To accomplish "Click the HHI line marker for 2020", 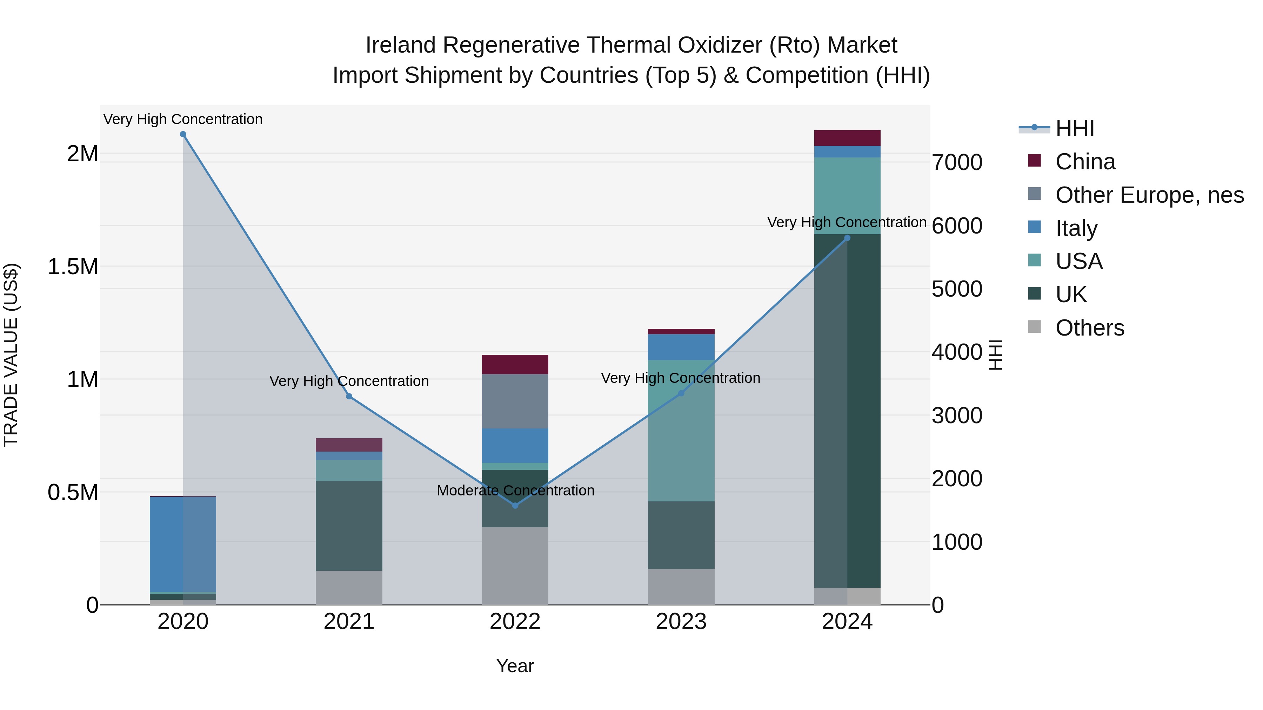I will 183,134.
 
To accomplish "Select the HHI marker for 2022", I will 515,505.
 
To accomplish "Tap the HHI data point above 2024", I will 847,238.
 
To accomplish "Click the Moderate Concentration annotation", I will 515,491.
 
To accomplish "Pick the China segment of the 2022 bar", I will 515,365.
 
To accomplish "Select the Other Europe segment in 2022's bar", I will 515,401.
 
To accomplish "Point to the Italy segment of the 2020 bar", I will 183,544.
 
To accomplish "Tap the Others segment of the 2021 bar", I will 349,588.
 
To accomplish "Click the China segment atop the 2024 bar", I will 847,138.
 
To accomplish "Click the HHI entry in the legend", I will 1074,128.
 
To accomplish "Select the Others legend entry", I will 1089,328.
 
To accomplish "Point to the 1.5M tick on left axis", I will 73,267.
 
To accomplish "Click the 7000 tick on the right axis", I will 957,163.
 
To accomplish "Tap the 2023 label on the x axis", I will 681,622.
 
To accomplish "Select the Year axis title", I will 515,666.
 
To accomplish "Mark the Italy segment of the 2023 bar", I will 681,347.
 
